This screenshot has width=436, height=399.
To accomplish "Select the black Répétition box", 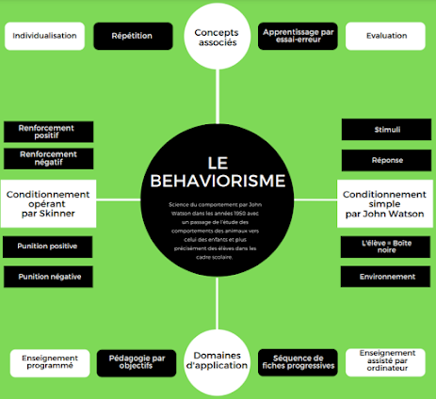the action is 132,37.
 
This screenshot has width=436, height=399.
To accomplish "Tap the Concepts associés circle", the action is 217,38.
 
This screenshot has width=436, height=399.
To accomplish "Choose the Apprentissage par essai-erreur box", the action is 298,37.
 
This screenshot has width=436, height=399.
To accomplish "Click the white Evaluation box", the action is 387,37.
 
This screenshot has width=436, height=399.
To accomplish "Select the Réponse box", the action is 386,160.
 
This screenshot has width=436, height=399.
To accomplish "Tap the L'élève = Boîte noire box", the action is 386,247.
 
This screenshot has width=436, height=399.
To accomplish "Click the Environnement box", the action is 386,277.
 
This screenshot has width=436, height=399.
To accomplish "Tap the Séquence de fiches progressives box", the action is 298,362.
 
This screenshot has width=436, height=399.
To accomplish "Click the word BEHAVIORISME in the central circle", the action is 218,179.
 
